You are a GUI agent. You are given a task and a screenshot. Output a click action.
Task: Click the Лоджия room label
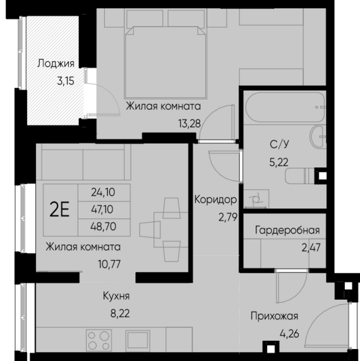coord(56,64)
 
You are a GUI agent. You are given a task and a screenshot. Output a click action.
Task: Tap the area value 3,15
coord(66,81)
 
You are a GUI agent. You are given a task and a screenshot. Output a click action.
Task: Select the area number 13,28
coord(189,124)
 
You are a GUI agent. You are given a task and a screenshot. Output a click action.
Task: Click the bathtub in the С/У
coord(285,107)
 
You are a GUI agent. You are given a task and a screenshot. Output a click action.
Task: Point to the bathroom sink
coord(318,136)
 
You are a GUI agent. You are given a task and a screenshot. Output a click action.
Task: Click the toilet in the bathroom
coord(299,176)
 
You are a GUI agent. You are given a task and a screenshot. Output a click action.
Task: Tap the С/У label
coord(279,145)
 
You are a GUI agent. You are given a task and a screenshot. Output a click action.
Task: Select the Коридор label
coord(215,199)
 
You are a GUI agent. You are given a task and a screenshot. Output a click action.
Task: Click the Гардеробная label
coord(287,230)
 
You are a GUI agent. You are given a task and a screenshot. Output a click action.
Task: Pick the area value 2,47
coord(311,247)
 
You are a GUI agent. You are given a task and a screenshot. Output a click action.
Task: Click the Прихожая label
coord(274,316)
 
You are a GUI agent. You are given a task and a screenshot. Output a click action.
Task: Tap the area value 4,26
coord(289,334)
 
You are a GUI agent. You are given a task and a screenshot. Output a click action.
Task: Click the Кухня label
coord(116,296)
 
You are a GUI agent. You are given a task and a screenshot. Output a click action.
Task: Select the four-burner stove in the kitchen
coord(99,340)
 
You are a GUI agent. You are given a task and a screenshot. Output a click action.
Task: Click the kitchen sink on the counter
coord(138,340)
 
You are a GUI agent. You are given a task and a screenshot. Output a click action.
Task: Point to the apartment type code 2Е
coord(59,210)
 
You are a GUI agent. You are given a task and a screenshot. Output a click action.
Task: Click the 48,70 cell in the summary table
coord(103,227)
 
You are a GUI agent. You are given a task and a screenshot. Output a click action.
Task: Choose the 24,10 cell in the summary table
coord(103,192)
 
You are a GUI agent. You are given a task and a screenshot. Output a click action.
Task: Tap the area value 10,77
coord(109,264)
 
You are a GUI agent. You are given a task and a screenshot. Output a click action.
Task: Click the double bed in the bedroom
coord(165,62)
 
